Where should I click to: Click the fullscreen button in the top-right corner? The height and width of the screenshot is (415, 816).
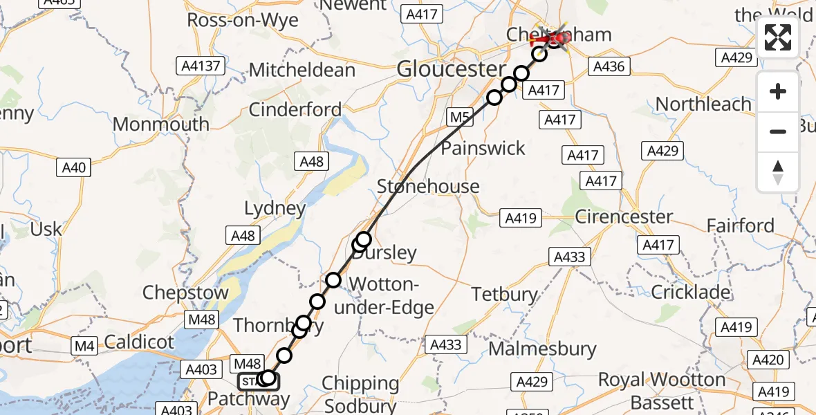[778, 37]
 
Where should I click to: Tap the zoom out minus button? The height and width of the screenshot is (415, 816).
[778, 131]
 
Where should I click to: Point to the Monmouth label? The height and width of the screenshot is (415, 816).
[160, 124]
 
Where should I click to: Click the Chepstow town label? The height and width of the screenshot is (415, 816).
[185, 293]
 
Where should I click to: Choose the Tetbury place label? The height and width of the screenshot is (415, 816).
[504, 294]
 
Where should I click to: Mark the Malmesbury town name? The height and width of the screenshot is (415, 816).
[542, 348]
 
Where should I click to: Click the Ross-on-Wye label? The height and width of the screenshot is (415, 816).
[243, 20]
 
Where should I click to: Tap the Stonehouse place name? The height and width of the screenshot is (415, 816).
[428, 187]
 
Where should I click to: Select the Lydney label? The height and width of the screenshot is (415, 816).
[275, 208]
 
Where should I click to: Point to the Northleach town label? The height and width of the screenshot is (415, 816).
[703, 104]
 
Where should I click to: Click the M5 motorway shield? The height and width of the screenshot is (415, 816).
[458, 118]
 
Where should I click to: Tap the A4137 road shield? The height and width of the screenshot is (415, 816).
[200, 66]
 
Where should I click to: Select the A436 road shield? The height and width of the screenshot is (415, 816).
[609, 67]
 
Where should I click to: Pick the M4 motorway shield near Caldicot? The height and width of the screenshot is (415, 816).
[86, 345]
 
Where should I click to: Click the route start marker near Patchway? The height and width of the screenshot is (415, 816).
[259, 380]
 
